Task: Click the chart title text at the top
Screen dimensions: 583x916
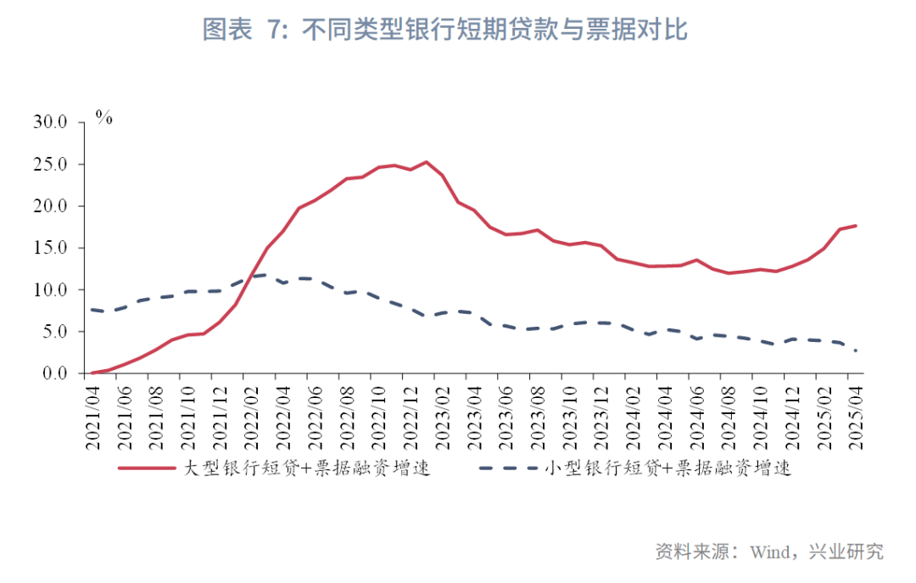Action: tap(444, 30)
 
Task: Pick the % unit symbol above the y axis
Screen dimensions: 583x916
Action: tap(103, 118)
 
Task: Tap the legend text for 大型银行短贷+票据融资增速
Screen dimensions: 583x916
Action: tap(307, 468)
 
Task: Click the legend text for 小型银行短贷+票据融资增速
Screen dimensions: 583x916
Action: tap(669, 468)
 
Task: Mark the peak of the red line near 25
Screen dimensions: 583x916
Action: tap(426, 162)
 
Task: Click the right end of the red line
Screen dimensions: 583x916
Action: tap(856, 226)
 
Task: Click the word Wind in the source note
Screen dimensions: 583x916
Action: tap(769, 552)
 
